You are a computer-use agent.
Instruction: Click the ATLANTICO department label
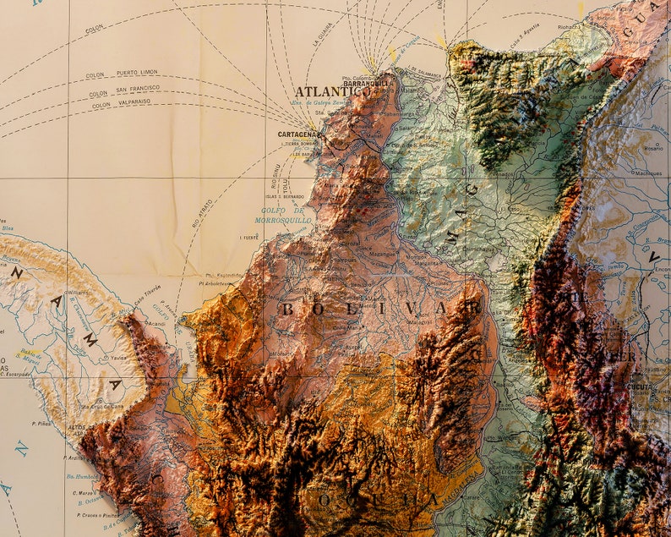(x=331, y=91)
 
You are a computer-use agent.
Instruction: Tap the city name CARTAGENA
(x=297, y=134)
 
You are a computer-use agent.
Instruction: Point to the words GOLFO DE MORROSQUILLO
(x=283, y=215)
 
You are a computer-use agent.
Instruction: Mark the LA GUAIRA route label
(x=322, y=35)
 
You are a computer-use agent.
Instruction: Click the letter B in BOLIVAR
(x=286, y=310)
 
